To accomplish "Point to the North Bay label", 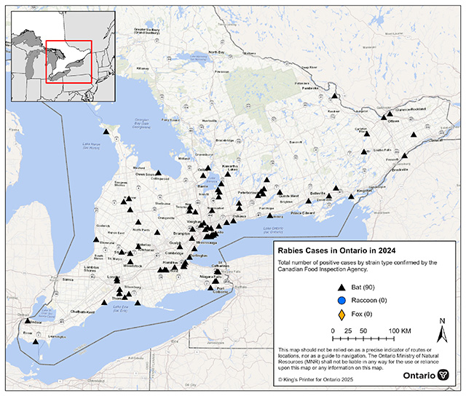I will (x=217, y=52).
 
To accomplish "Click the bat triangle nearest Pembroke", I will (x=334, y=95).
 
